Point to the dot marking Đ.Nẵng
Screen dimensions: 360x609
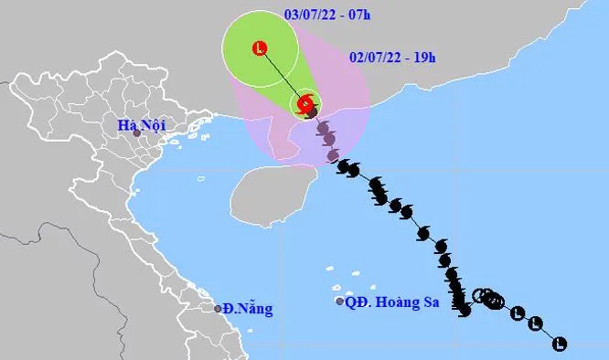pyautogui.click(x=219, y=309)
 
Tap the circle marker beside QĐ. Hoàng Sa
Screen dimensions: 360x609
pyautogui.click(x=339, y=302)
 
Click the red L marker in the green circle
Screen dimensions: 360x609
pyautogui.click(x=262, y=47)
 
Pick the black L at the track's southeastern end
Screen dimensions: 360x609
pyautogui.click(x=560, y=344)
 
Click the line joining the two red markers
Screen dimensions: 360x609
pyautogui.click(x=283, y=74)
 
